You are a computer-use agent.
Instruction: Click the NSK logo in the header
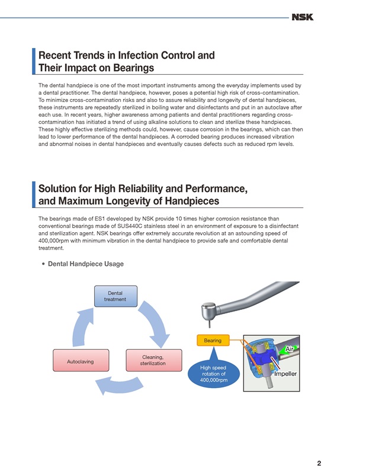click(x=302, y=17)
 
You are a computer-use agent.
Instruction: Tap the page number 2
click(x=319, y=463)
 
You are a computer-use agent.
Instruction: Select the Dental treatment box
click(x=115, y=296)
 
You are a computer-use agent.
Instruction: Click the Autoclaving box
click(x=81, y=360)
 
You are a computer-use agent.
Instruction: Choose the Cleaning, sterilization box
click(x=154, y=360)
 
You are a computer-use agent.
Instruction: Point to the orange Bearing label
click(x=213, y=340)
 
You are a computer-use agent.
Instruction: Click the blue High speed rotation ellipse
click(x=214, y=374)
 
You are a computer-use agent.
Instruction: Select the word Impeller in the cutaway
click(x=285, y=374)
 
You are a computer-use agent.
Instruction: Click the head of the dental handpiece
click(x=209, y=312)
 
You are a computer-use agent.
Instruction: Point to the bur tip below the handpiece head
click(x=209, y=325)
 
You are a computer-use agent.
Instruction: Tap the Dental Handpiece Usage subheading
click(x=86, y=264)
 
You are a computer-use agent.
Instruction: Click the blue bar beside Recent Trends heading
click(x=34, y=61)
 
